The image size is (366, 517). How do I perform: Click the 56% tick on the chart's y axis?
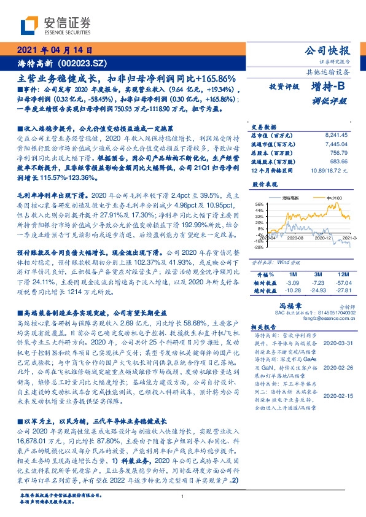(x=259, y=204)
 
